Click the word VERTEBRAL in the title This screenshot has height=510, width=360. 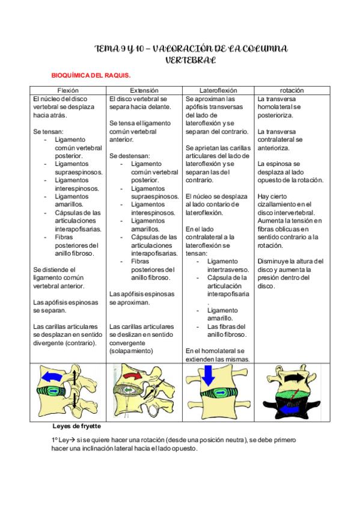click(x=191, y=60)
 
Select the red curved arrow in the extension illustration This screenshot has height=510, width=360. click(x=131, y=376)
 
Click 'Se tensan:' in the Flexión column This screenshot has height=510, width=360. click(x=48, y=131)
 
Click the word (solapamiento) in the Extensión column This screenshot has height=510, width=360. click(x=131, y=351)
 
